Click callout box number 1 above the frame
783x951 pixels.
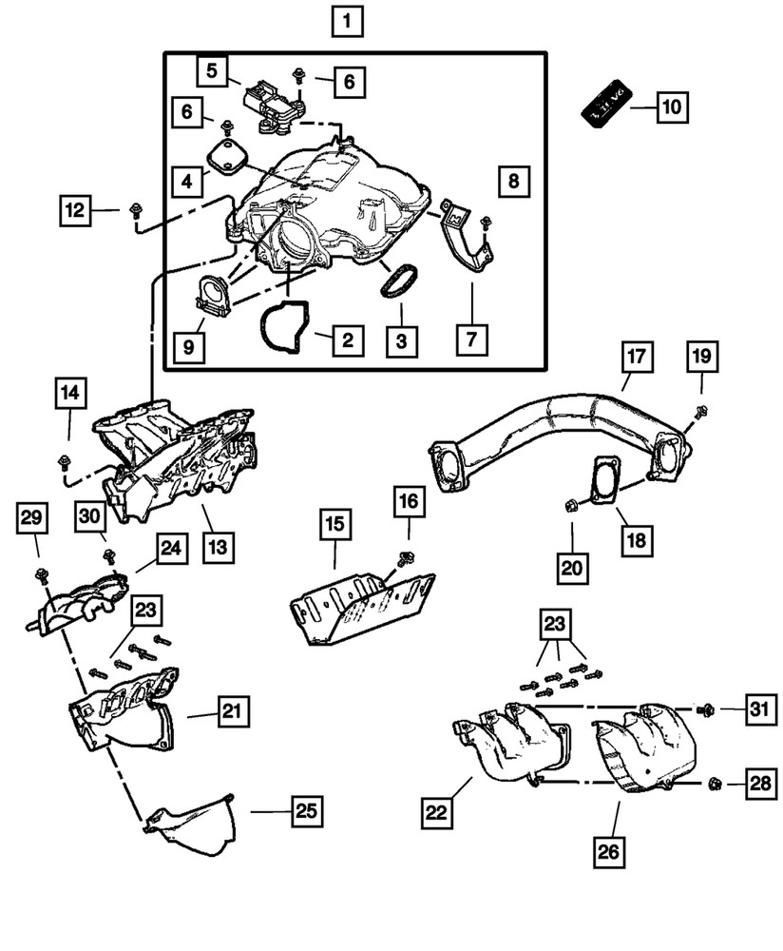[x=347, y=20]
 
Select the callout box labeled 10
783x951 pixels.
[x=670, y=107]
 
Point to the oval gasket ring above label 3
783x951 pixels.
[x=399, y=281]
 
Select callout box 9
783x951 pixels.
[x=189, y=347]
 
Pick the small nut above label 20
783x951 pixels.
[x=571, y=505]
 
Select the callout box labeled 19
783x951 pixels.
[x=702, y=359]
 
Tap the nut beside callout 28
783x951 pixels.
[x=716, y=785]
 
